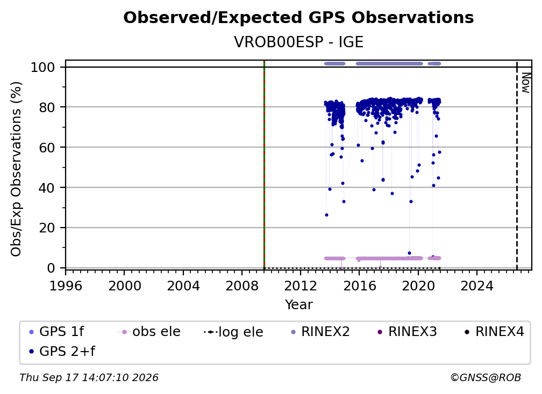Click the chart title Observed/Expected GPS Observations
click(x=298, y=18)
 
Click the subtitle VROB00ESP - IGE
click(x=298, y=42)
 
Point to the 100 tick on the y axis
click(x=43, y=67)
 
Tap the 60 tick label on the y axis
click(x=47, y=148)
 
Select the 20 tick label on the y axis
click(x=47, y=228)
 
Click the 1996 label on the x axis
click(x=66, y=286)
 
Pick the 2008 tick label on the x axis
click(x=242, y=286)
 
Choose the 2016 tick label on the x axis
click(x=359, y=286)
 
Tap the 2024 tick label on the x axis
click(x=476, y=286)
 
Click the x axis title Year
click(x=298, y=305)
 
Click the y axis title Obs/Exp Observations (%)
click(x=16, y=169)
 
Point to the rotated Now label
click(x=525, y=83)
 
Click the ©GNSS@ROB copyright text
click(x=486, y=377)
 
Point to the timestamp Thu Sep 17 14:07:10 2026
click(x=89, y=377)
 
